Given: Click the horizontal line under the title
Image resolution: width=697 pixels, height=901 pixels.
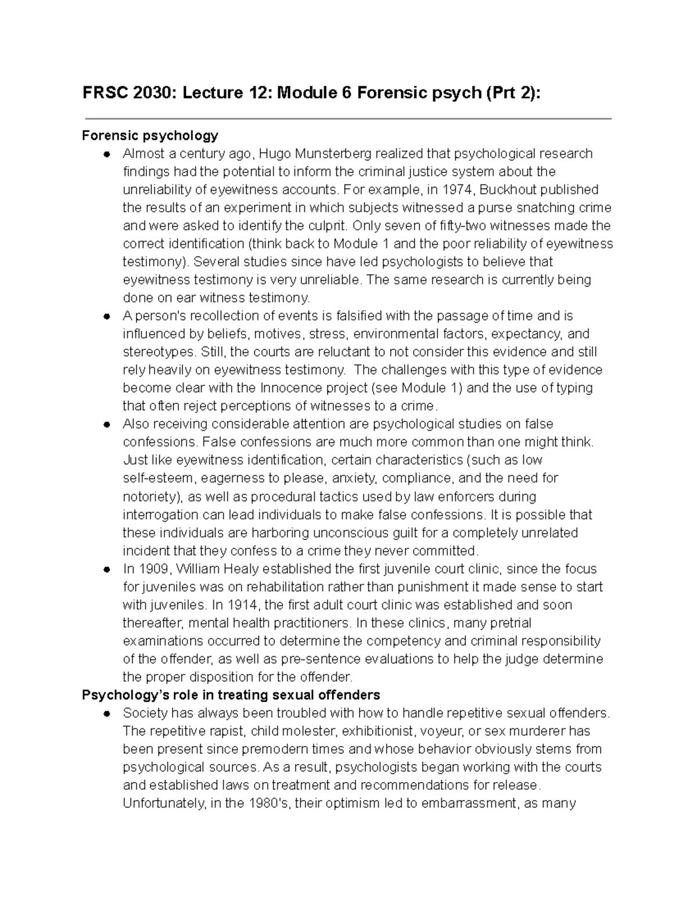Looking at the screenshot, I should click(x=348, y=119).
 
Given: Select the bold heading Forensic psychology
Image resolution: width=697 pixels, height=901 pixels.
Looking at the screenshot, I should click(x=150, y=136).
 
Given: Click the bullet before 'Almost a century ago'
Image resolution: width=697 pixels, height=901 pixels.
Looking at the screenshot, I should click(x=106, y=154).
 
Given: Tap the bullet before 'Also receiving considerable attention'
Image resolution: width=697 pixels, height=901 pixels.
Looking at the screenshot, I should click(x=106, y=424).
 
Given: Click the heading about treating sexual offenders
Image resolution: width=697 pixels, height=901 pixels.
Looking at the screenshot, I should click(x=231, y=695).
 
